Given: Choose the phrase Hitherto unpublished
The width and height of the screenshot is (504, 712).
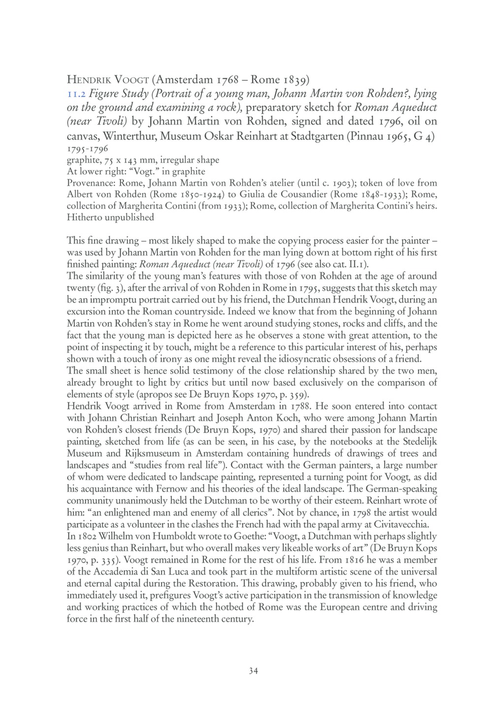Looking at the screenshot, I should [110, 217].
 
